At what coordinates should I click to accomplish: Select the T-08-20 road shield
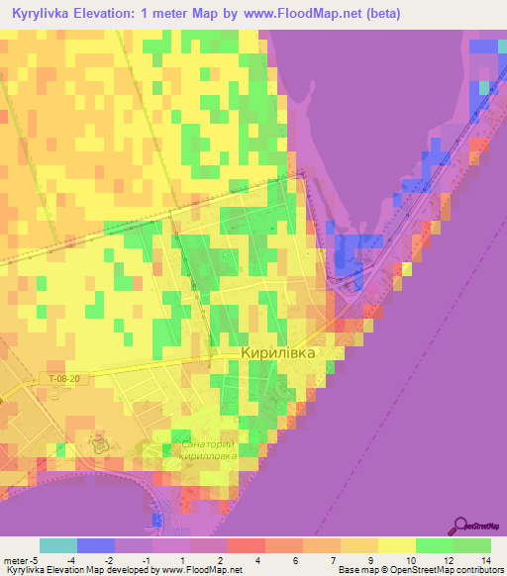point(91,379)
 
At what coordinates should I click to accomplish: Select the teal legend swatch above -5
point(58,545)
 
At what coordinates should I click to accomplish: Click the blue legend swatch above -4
point(96,545)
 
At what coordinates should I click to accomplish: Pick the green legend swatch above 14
point(472,545)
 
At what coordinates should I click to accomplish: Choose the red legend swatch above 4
point(247,545)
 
